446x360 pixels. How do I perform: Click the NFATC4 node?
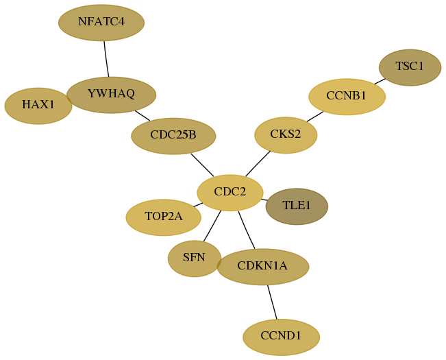tap(101, 23)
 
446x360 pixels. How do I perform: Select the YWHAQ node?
tap(111, 95)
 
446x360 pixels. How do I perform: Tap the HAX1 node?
tap(38, 106)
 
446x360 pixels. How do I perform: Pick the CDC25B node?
tap(173, 136)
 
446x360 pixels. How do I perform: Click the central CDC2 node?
tap(230, 193)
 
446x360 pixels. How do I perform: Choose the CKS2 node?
tap(286, 135)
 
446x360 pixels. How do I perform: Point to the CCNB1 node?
tap(347, 97)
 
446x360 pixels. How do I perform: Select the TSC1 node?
tap(410, 67)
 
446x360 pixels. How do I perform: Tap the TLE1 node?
tap(297, 206)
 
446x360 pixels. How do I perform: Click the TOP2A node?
tap(164, 217)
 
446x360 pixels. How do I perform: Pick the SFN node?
tap(195, 259)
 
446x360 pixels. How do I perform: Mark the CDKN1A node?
tap(263, 267)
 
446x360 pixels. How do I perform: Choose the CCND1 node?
tap(282, 337)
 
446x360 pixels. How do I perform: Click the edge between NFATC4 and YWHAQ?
tap(106, 59)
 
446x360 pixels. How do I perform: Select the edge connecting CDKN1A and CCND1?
tap(272, 302)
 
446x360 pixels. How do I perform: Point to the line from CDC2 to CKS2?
tap(258, 163)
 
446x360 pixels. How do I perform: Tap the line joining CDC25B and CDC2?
tap(202, 165)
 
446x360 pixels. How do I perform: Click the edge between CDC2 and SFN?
tap(212, 226)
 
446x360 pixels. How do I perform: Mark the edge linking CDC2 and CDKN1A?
tap(247, 230)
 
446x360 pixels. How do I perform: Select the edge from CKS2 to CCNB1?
tap(315, 117)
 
